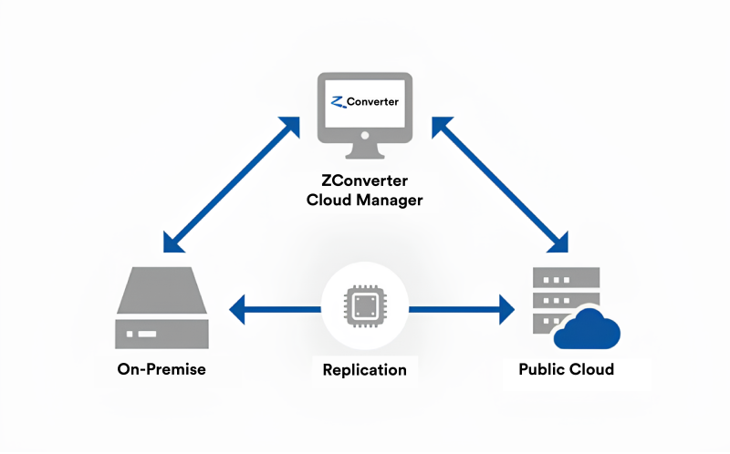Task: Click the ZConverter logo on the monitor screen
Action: [x=364, y=102]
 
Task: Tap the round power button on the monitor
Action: [x=365, y=135]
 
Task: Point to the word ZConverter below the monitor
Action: [x=364, y=181]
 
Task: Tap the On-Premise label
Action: [x=162, y=369]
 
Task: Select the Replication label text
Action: [x=364, y=370]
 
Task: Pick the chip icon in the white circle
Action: [x=365, y=306]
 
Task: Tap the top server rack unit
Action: [x=566, y=278]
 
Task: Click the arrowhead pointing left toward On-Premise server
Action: [x=237, y=309]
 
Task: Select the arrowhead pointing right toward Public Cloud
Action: [x=507, y=309]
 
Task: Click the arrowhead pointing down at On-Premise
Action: [x=172, y=243]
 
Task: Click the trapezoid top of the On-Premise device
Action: [x=162, y=290]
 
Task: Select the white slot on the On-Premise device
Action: [x=147, y=334]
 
